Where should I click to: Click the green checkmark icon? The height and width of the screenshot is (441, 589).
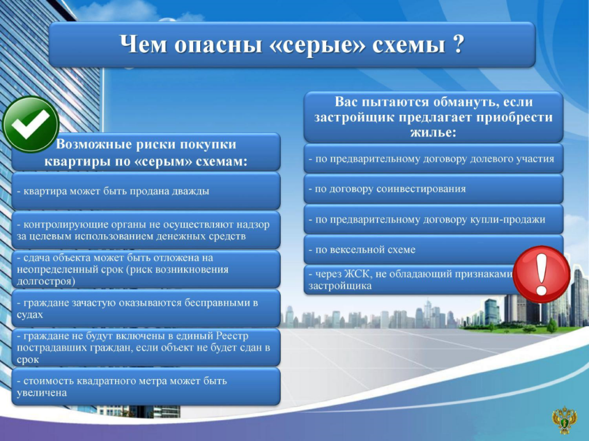point(30,124)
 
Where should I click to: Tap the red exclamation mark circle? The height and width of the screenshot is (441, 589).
point(541,274)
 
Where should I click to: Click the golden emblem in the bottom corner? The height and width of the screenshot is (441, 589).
point(564,420)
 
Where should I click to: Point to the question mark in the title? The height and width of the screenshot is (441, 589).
point(458,44)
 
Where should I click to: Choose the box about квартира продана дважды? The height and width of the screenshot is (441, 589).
point(146,191)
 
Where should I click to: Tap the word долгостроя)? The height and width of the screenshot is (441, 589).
point(46,281)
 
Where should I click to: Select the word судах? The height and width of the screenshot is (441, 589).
point(30,314)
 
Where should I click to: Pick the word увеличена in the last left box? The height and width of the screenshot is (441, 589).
point(41,393)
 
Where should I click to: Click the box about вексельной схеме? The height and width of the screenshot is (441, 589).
point(433,249)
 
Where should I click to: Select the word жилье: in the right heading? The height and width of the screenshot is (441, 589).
point(433,133)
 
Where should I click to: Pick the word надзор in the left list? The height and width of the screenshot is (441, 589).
point(252,225)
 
